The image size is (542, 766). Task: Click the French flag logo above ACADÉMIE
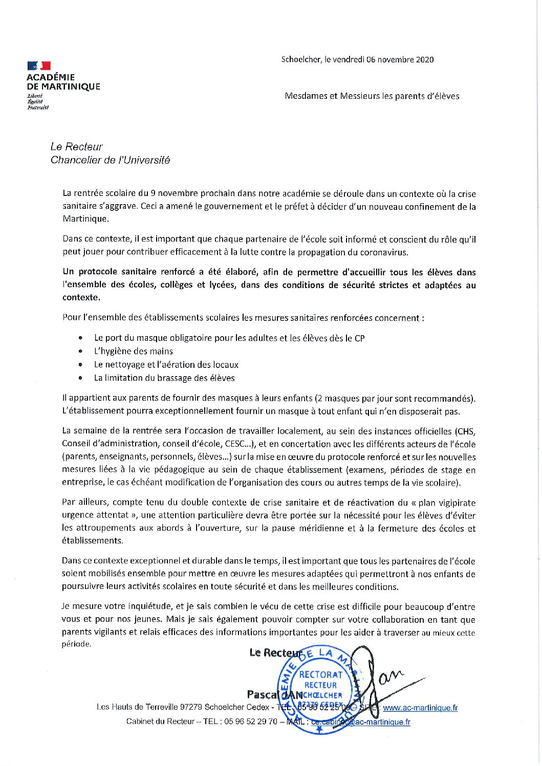[x=39, y=65]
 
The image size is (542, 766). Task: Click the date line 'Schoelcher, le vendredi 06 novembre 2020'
[x=357, y=59]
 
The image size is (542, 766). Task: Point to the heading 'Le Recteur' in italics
[x=76, y=147]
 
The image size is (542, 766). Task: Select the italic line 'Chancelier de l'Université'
[x=110, y=160]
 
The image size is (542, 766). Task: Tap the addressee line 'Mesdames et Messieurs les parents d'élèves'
[x=372, y=96]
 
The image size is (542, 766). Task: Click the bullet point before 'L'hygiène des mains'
[x=80, y=352]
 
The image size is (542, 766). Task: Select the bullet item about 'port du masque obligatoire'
[x=229, y=338]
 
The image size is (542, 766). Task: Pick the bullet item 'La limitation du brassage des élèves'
[x=164, y=378]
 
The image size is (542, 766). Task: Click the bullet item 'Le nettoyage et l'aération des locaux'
[x=166, y=365]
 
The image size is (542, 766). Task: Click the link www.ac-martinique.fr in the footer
[x=420, y=708]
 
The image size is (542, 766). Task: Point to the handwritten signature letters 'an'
[x=391, y=677]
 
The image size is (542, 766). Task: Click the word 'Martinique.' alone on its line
[x=85, y=219]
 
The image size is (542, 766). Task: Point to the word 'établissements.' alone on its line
[x=92, y=541]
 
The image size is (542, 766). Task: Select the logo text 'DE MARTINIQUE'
[x=63, y=86]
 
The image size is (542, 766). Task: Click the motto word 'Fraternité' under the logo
[x=38, y=107]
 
